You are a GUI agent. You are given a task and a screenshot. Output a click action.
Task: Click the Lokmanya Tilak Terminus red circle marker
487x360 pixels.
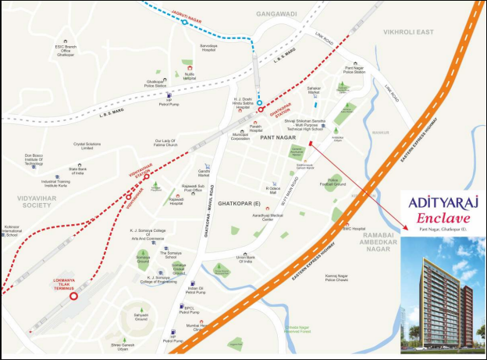(73, 296)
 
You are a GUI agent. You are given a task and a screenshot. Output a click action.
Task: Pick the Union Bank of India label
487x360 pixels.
(247, 258)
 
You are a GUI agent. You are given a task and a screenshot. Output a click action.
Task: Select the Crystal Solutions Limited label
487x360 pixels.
(89, 144)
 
